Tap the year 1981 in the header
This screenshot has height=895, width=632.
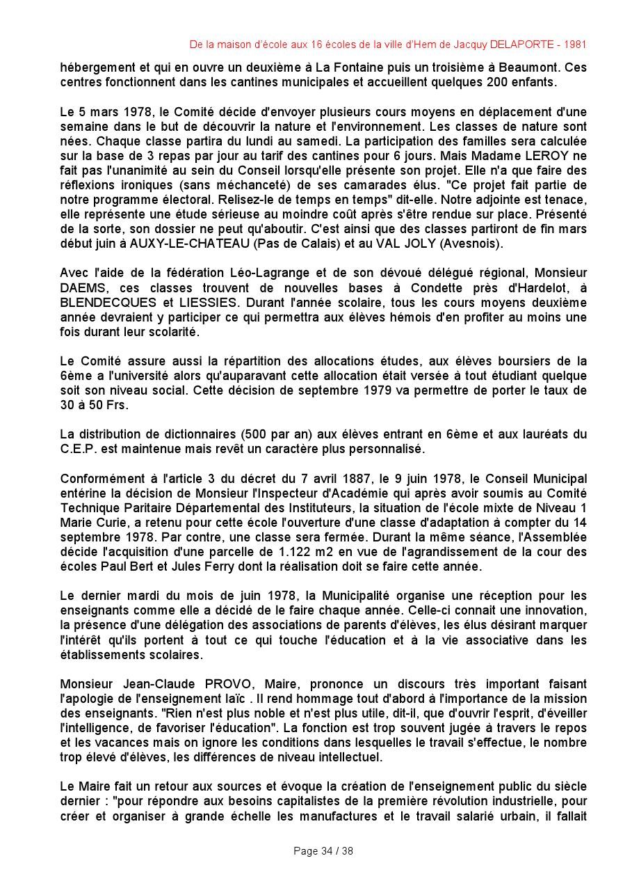[x=575, y=45]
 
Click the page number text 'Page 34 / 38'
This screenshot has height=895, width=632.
[x=323, y=851]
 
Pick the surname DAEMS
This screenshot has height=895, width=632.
[x=82, y=287]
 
